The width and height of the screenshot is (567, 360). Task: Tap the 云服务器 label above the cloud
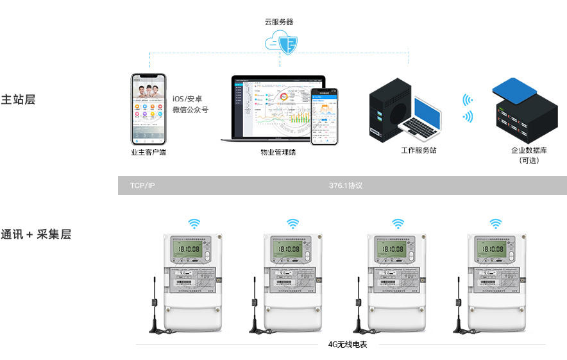coord(279,21)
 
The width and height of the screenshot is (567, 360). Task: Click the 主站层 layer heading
coord(17,99)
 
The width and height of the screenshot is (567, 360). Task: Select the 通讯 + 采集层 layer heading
coord(36,234)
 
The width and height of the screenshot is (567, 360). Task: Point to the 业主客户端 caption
coord(148,152)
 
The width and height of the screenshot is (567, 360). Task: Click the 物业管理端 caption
coord(278,152)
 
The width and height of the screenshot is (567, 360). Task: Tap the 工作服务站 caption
coord(419,150)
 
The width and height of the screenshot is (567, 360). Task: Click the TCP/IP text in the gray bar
coord(142,185)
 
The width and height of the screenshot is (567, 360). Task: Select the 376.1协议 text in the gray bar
coord(346,185)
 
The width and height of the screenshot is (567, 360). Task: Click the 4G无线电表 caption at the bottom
coord(347,344)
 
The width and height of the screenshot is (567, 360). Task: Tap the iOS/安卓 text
coord(187,99)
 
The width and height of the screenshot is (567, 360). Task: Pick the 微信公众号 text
coord(190,110)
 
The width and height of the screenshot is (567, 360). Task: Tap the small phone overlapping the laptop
coord(325,117)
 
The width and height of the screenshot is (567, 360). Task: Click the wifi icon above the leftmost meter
coord(194,224)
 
